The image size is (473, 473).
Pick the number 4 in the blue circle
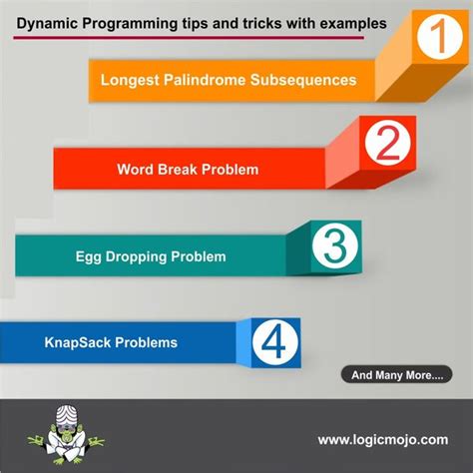[270, 342]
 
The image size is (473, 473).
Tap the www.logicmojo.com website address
[382, 439]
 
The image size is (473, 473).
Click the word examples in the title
[323, 19]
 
